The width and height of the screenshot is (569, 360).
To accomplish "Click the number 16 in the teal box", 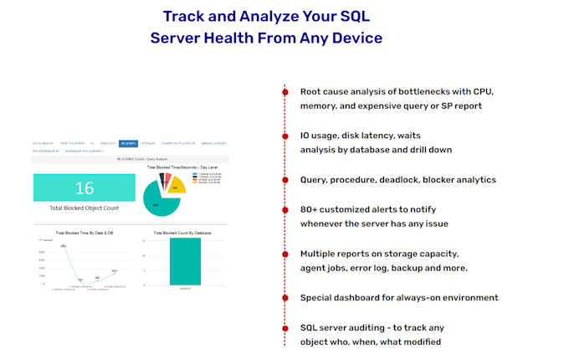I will click(84, 188).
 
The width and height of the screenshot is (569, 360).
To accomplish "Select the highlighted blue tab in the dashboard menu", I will click(127, 144).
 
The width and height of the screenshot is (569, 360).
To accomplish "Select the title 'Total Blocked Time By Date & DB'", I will click(84, 232).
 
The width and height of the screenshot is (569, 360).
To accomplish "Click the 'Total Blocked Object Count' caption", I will click(84, 207).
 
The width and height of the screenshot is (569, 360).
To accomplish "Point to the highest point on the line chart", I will click(63, 245).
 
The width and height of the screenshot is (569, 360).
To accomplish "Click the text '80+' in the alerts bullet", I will click(309, 209).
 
